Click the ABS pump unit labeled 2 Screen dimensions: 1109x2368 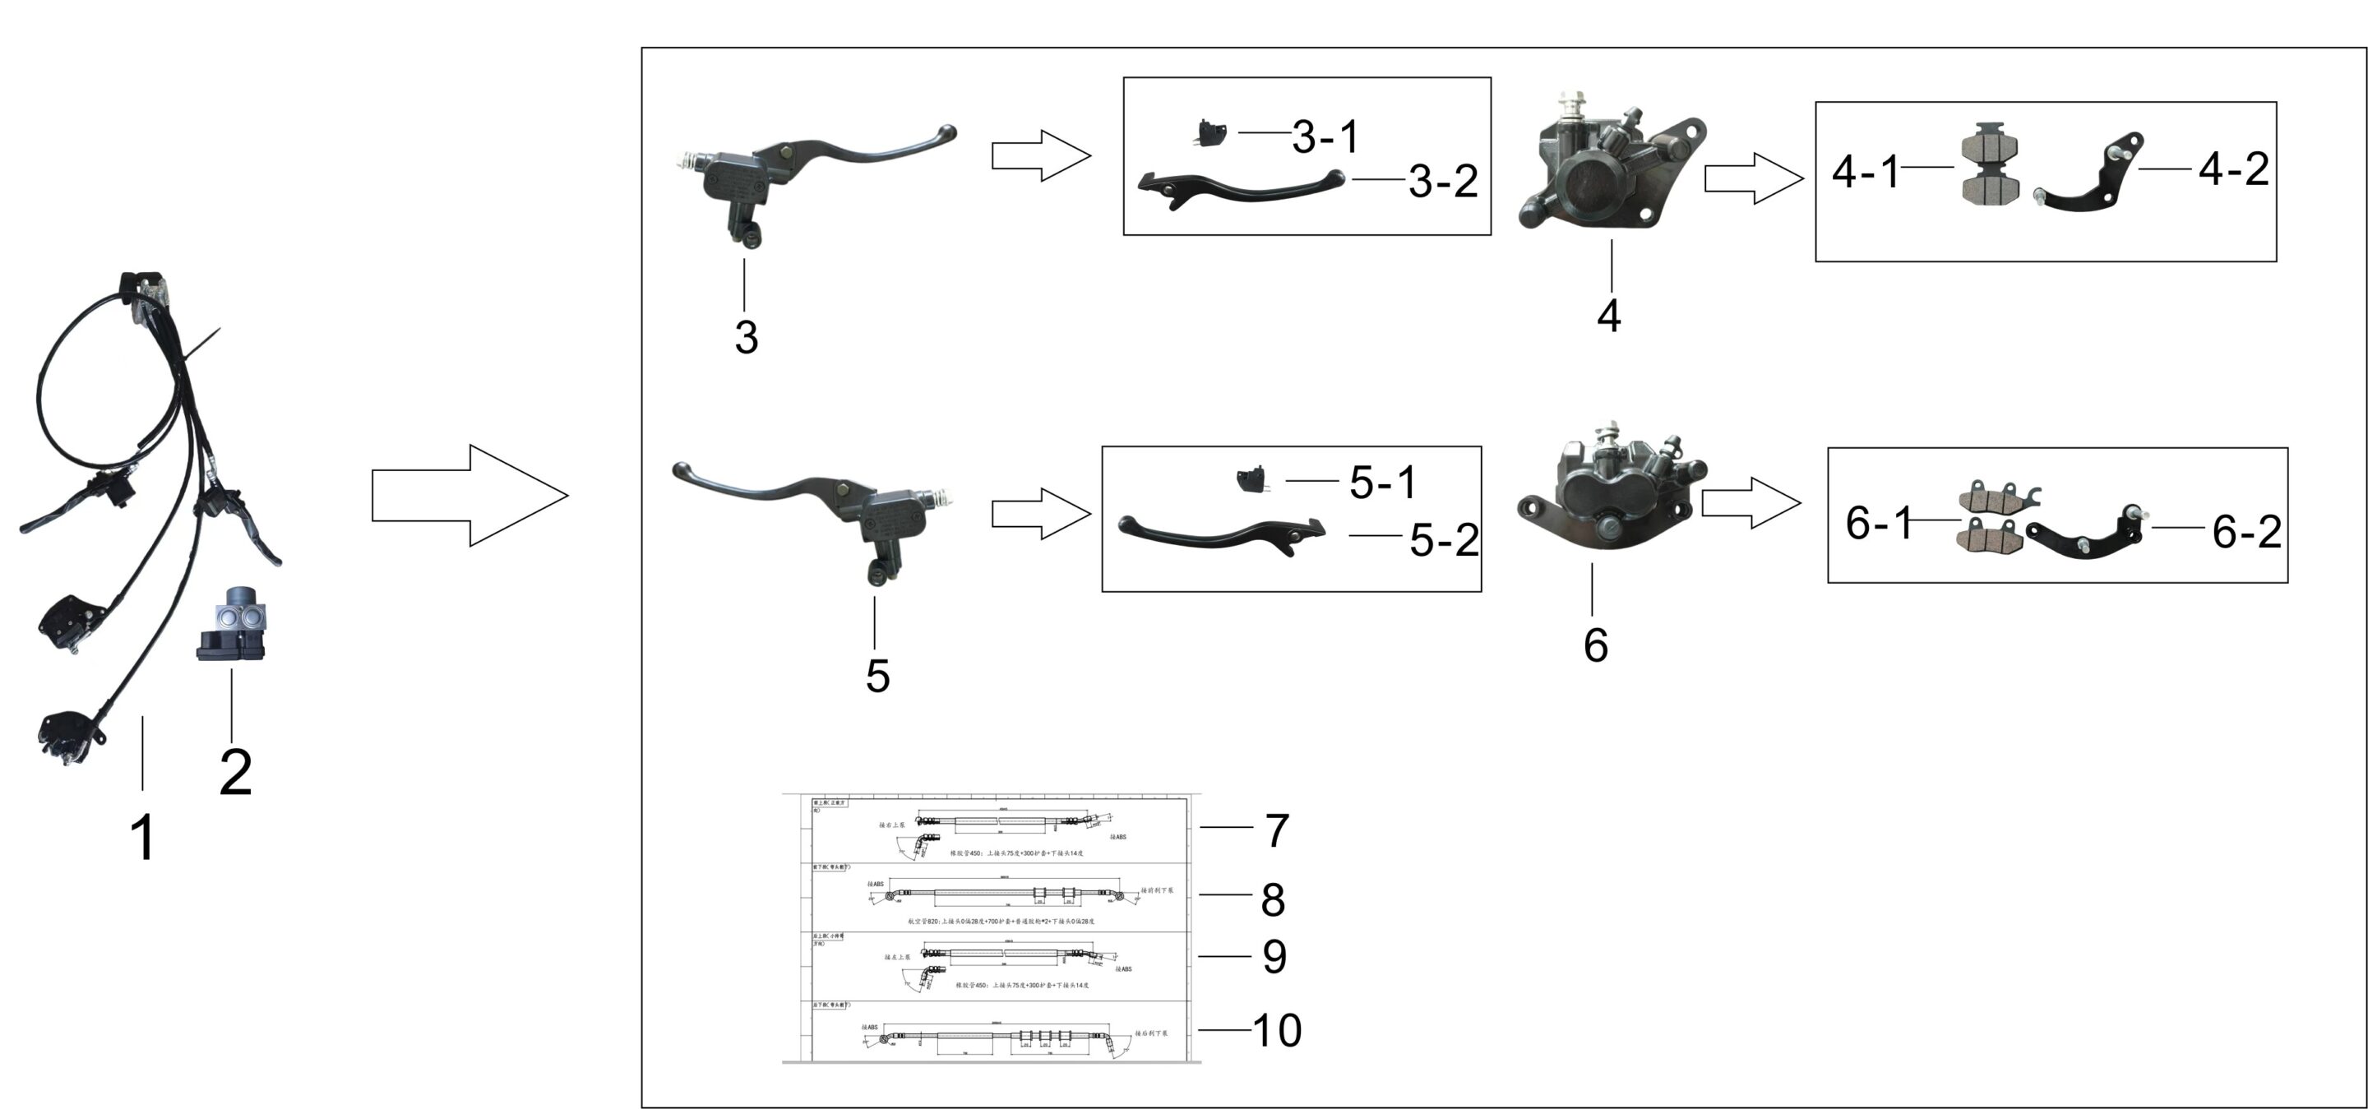point(231,625)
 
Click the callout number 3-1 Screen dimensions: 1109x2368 point(1325,137)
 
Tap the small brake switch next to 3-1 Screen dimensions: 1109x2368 point(1210,133)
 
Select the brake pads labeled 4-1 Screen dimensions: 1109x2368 point(1988,164)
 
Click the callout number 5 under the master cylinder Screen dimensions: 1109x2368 point(877,677)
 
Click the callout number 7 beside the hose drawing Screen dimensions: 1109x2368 point(1277,830)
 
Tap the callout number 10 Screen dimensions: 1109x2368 point(1277,1030)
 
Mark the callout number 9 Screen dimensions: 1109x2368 point(1274,956)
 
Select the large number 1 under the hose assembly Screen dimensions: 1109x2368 point(143,837)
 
